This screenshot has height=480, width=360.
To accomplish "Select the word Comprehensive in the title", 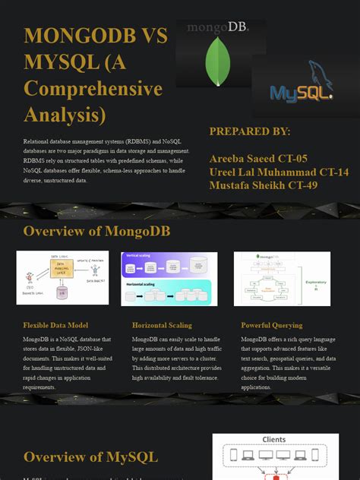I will pyautogui.click(x=93, y=89).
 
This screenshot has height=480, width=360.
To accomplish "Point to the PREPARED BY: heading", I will pyautogui.click(x=249, y=131).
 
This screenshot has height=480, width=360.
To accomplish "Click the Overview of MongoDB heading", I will pyautogui.click(x=96, y=231).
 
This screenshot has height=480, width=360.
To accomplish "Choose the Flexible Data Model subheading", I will pyautogui.click(x=61, y=325).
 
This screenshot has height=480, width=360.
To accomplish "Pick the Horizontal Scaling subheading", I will pyautogui.click(x=162, y=325).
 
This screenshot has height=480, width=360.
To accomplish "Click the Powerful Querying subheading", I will pyautogui.click(x=271, y=325).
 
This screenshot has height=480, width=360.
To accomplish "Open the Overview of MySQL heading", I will pyautogui.click(x=90, y=456).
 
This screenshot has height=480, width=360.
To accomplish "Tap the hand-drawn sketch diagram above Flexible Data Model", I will pyautogui.click(x=62, y=277).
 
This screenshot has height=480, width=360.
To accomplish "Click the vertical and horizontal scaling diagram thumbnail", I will pyautogui.click(x=169, y=278).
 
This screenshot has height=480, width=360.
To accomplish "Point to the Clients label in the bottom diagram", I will pyautogui.click(x=273, y=440).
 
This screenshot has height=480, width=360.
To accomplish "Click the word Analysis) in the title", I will pyautogui.click(x=65, y=115).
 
